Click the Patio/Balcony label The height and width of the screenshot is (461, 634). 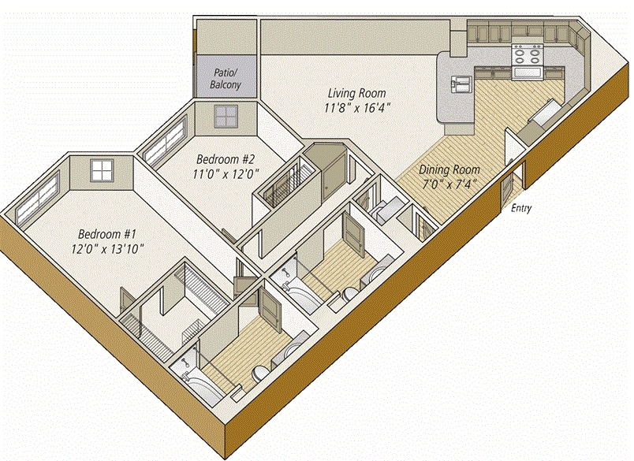(x=226, y=79)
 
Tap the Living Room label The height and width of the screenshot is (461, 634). (x=356, y=93)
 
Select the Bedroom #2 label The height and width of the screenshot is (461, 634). (x=226, y=159)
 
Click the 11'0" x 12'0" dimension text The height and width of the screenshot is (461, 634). (x=226, y=173)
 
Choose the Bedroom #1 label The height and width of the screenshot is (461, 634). (x=106, y=234)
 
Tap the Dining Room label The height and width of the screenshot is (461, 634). (x=449, y=169)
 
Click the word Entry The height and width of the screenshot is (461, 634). (x=521, y=209)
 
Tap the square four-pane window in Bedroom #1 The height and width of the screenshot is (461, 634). (x=101, y=169)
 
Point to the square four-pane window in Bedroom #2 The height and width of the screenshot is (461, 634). (x=226, y=116)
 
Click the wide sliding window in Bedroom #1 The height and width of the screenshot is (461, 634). (x=38, y=196)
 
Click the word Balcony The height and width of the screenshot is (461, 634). (x=226, y=85)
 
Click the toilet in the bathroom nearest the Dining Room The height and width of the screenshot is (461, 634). (x=348, y=294)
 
